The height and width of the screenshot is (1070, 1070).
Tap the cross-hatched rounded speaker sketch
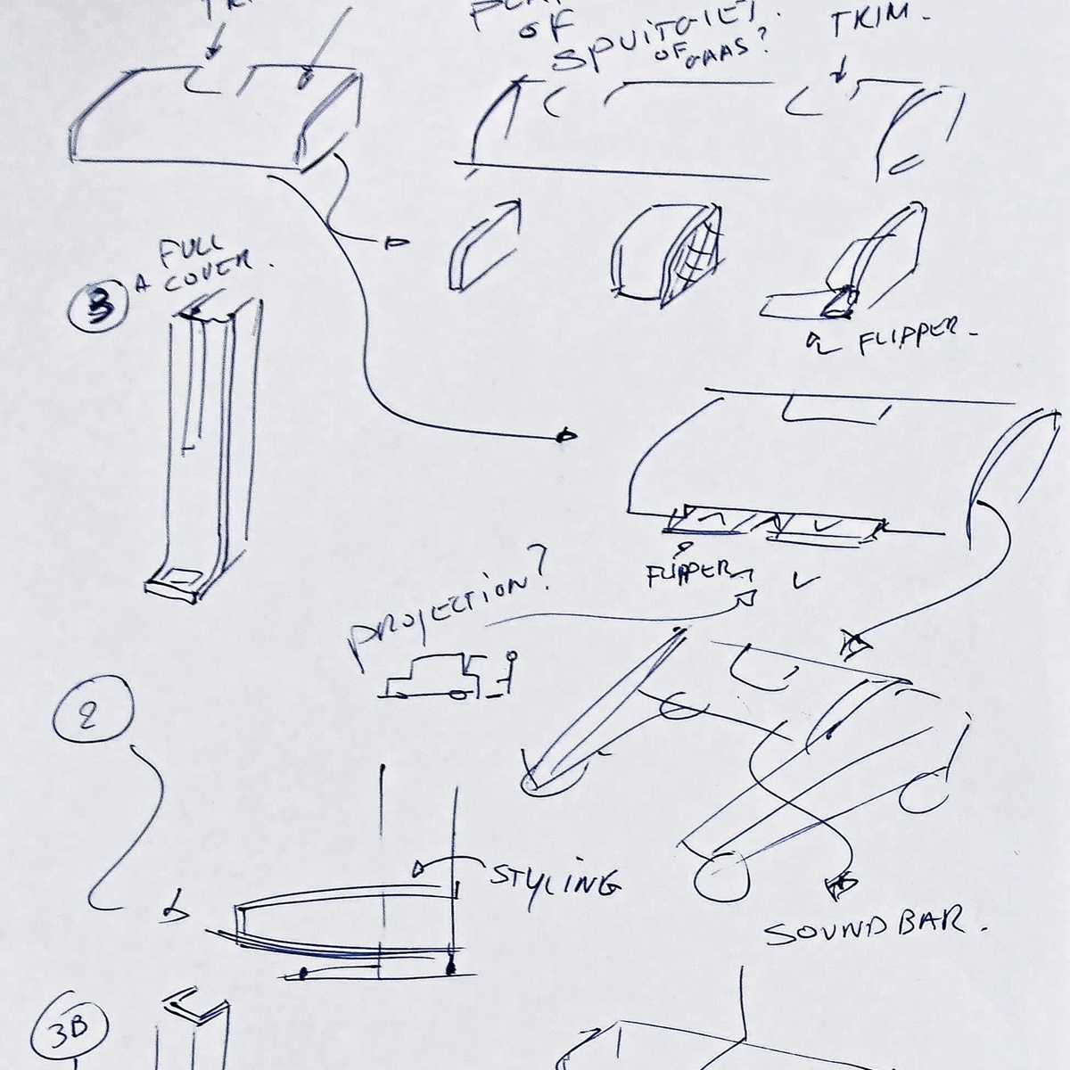pyautogui.click(x=669, y=255)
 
